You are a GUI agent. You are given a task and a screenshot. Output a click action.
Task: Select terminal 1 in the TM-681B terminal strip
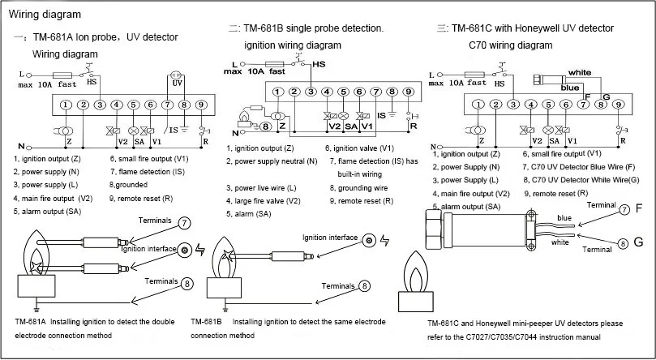point(278,92)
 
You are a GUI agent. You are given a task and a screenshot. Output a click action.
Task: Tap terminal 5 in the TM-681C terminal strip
point(548,103)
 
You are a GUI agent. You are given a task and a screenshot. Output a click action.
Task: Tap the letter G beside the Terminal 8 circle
point(638,242)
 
